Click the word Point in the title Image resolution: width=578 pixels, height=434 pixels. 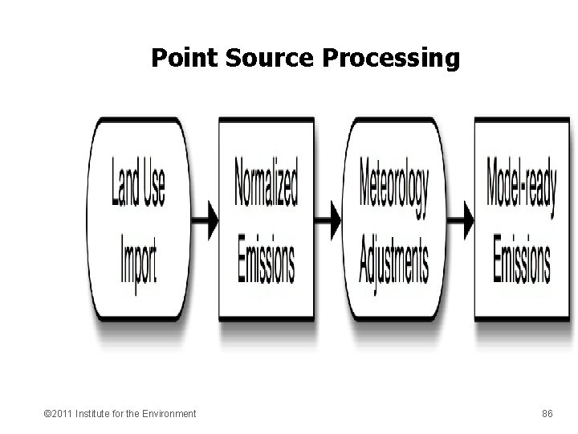(x=180, y=59)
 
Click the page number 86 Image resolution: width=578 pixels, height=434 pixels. (x=547, y=413)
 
